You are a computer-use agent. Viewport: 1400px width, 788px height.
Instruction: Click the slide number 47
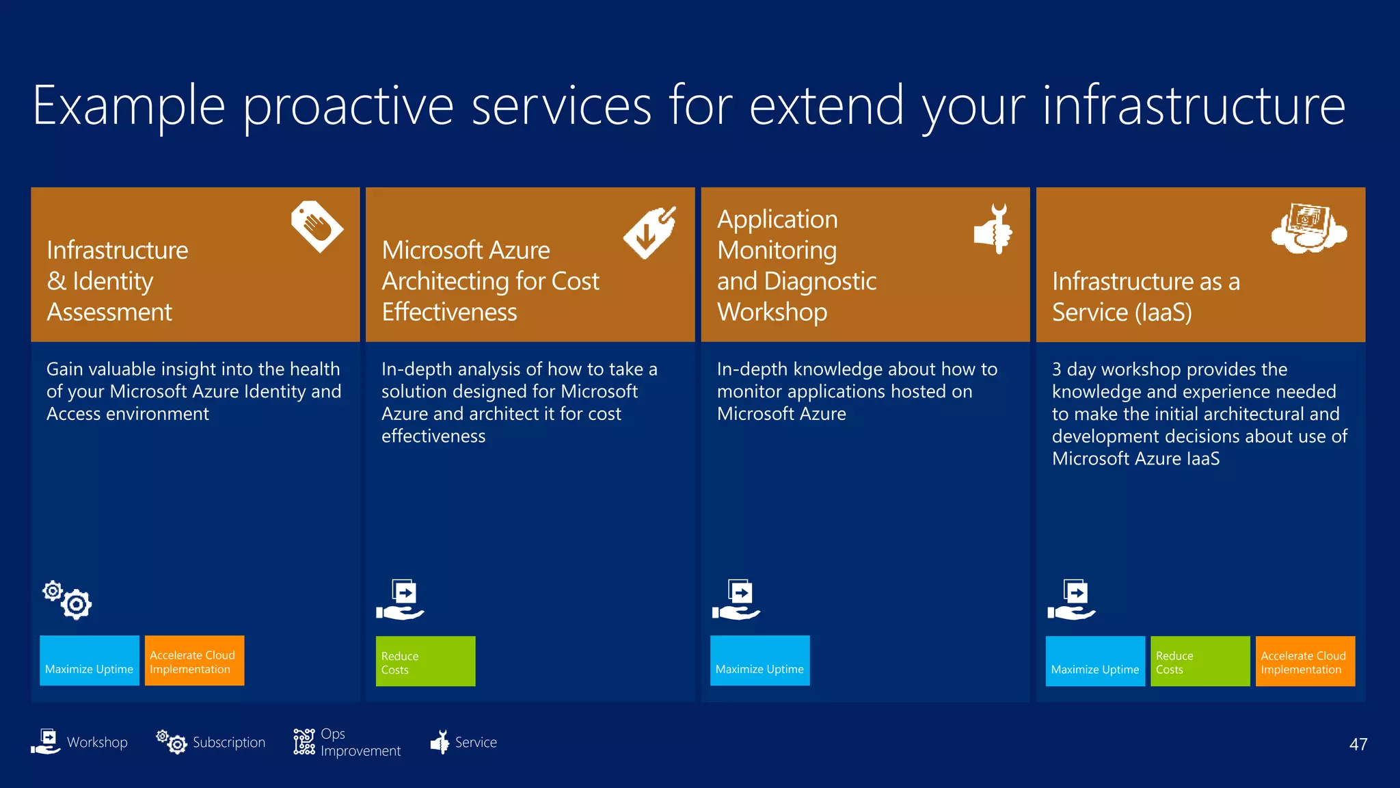[x=1358, y=744]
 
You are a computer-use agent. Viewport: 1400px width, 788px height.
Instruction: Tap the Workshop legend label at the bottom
[x=97, y=742]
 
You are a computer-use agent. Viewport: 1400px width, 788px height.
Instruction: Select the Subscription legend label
[x=228, y=742]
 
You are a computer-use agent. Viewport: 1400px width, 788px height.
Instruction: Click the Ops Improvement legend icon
[x=304, y=741]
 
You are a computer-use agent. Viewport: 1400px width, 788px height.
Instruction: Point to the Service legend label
[x=476, y=742]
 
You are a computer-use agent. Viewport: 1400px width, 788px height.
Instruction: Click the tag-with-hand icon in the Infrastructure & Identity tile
[x=317, y=226]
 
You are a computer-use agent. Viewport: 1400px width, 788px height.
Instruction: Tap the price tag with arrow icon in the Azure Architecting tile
[x=650, y=233]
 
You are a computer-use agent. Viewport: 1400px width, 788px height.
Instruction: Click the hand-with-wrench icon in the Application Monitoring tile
[x=993, y=229]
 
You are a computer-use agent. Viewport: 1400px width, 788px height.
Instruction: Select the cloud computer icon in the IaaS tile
[x=1308, y=228]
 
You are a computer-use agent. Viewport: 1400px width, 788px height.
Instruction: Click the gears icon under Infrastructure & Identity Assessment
[x=67, y=600]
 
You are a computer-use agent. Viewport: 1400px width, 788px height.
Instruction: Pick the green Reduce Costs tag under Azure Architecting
[x=425, y=661]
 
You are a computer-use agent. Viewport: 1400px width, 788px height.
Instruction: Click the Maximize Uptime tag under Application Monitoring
[x=759, y=661]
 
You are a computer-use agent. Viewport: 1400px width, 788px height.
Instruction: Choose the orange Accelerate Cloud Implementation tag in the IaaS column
[x=1304, y=661]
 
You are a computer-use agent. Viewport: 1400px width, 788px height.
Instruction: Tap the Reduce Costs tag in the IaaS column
[x=1200, y=661]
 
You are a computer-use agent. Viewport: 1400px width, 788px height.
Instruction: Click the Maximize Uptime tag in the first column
[x=89, y=661]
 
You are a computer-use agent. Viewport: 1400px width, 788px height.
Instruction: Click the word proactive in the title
[x=348, y=106]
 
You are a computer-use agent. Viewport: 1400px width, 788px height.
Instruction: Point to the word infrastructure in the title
[x=1194, y=106]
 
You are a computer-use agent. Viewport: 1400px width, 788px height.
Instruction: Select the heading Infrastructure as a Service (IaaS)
[x=1145, y=296]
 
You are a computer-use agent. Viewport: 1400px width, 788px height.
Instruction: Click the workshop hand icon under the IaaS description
[x=1071, y=600]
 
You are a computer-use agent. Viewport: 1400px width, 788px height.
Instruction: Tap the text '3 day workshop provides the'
[x=1169, y=369]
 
